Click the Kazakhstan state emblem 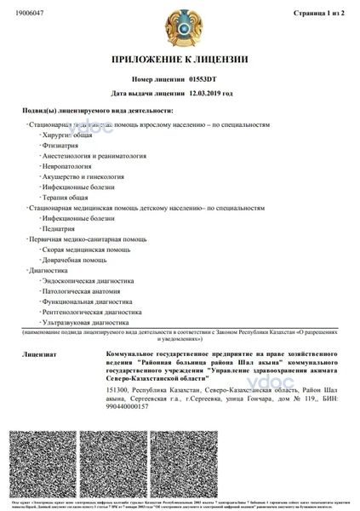(x=180, y=28)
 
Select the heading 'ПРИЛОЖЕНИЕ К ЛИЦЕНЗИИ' (x=179, y=60)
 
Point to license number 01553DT (x=204, y=78)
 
